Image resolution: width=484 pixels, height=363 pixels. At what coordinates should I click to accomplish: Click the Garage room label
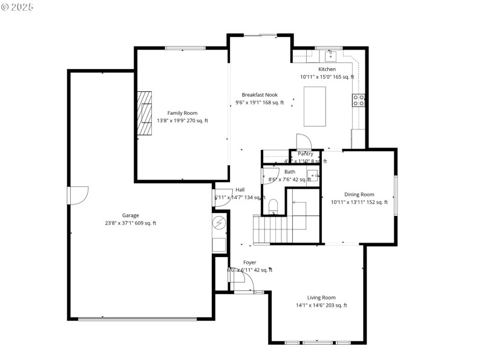pos(131,215)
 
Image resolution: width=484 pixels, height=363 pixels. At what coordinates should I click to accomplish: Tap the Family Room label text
pos(182,113)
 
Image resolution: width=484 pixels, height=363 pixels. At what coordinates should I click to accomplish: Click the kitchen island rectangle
pos(314,106)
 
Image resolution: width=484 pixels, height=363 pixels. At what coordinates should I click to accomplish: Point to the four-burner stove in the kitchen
pos(359,100)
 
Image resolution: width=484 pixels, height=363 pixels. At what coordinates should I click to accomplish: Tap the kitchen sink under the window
pos(330,56)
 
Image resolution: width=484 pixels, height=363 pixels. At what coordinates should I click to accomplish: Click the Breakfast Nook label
pos(260,95)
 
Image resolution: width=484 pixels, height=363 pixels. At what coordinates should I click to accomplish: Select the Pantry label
pos(306,154)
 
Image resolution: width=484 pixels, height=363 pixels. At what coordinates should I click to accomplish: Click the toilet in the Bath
pos(272,206)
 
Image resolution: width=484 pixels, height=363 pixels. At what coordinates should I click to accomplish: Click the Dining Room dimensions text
pos(359,202)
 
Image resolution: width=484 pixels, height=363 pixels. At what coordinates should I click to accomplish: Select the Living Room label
pos(321,298)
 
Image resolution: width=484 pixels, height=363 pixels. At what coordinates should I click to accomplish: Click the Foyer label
pos(249,263)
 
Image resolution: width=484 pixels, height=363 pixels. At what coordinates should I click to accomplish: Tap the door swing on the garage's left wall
pos(78,195)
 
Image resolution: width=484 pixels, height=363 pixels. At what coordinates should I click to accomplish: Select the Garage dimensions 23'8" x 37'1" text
pos(131,223)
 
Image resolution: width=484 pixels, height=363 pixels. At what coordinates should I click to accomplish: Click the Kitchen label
pos(327,70)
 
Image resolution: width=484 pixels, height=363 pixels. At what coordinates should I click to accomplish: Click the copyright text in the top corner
pos(18,7)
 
